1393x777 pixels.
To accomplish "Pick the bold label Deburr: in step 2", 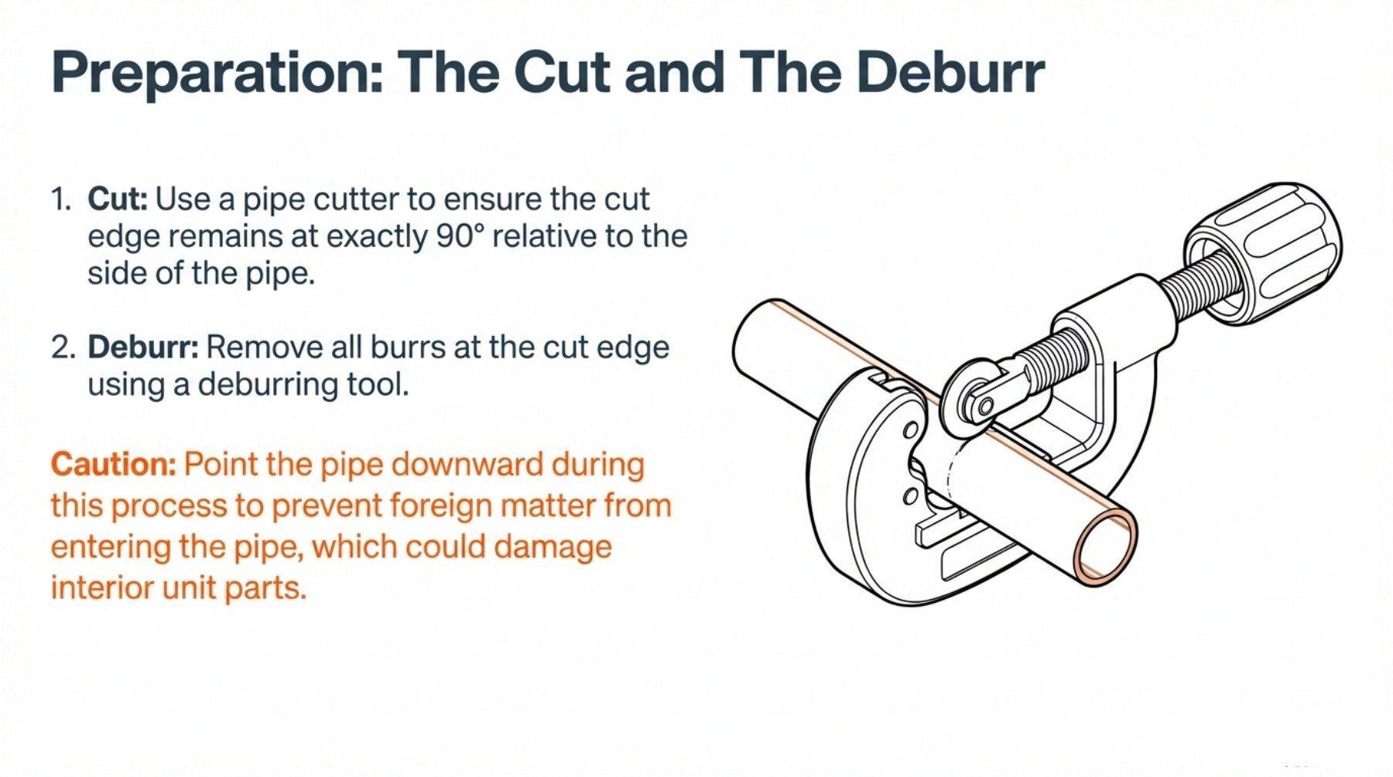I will coord(143,347).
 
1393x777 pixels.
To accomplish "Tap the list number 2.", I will coord(63,347).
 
